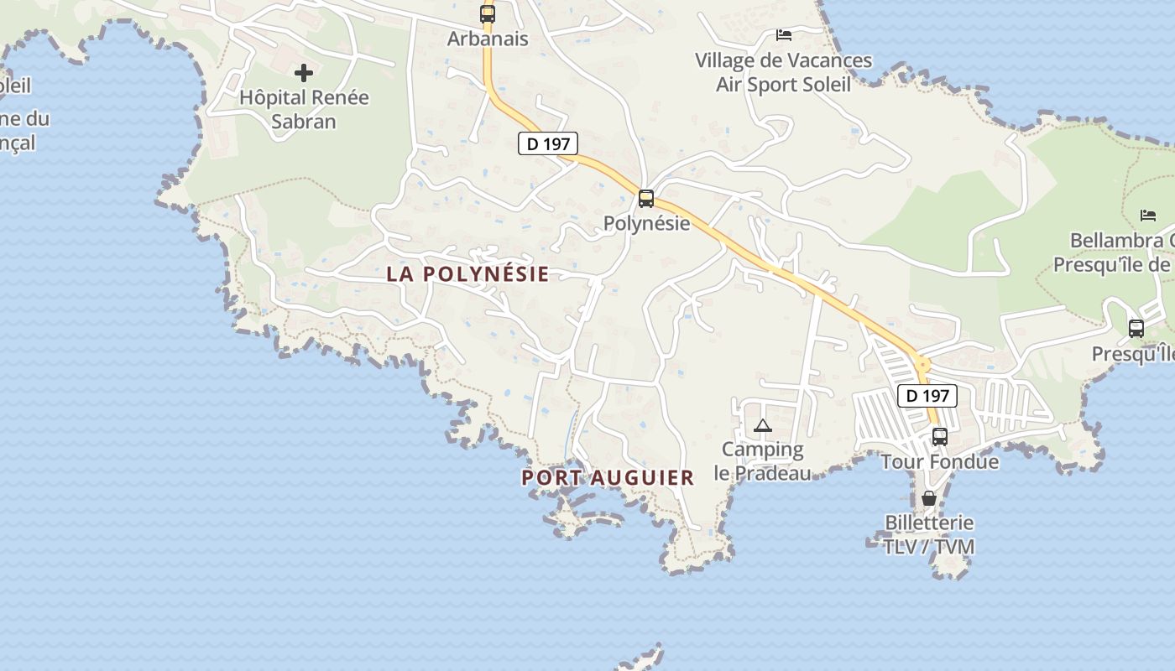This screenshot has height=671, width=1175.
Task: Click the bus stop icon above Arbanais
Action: pos(488,13)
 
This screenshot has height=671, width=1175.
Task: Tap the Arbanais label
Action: pos(488,39)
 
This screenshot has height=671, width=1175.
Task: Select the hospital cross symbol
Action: pos(304,73)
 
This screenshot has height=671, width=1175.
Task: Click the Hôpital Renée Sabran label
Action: pos(304,109)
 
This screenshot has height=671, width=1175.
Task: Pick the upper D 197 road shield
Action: pos(547,143)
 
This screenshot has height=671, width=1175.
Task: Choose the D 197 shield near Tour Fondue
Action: pos(927,395)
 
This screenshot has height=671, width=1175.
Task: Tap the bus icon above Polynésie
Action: pos(645,199)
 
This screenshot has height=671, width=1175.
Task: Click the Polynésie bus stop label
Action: pos(647,223)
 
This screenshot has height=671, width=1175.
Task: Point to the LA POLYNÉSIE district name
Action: pos(467,274)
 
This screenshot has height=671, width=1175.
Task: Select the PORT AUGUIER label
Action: pos(608,478)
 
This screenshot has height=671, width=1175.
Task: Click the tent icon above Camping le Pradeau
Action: pos(762,425)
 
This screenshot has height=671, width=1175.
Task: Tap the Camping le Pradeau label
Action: pos(763,461)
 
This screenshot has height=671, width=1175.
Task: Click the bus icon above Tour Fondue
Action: pos(940,436)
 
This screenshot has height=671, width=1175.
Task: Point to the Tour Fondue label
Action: pos(940,461)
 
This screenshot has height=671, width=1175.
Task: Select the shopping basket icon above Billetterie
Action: pos(929,498)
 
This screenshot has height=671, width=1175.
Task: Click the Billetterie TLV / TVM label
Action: pos(929,534)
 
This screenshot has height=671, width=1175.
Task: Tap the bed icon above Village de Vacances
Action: pos(784,35)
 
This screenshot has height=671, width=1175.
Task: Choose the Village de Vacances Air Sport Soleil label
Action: pos(784,72)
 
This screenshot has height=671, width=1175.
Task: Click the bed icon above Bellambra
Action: pos(1148,216)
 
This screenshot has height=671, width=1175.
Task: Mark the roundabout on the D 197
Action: pos(923,365)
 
